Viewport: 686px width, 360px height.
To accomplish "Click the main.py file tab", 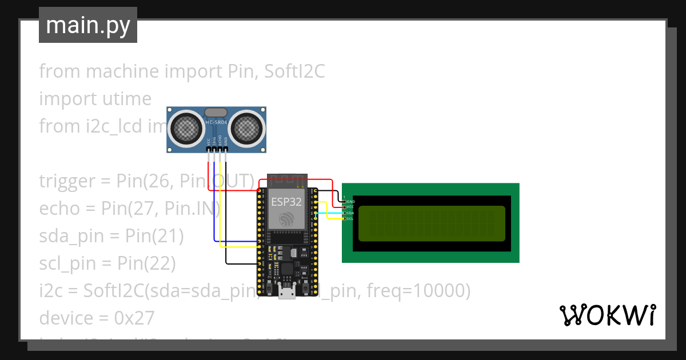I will [87, 25].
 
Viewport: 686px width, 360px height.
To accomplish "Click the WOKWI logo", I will [607, 315].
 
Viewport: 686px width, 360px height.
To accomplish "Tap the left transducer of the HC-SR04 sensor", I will [186, 129].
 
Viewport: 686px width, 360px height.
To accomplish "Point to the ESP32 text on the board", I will [284, 201].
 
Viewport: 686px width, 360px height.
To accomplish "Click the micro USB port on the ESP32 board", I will [286, 294].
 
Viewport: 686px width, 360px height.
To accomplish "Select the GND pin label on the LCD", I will [351, 202].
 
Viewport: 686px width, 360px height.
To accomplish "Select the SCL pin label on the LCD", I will [350, 218].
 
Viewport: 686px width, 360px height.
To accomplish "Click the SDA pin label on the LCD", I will [350, 213].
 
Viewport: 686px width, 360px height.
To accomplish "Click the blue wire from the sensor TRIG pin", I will [214, 200].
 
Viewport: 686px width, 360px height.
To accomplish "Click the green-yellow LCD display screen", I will [432, 223].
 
